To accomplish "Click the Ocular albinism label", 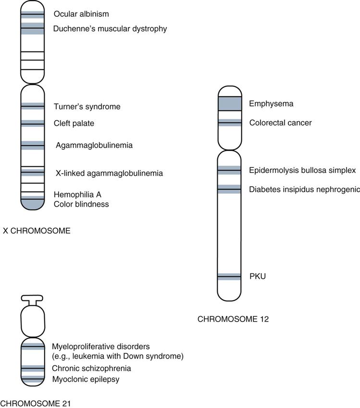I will coord(81,14).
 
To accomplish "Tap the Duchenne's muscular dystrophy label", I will coord(111,29).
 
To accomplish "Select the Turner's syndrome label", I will coord(87,106).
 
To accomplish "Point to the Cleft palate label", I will coord(74,124).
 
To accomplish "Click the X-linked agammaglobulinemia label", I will coord(108,173).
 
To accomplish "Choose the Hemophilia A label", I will coord(77,195).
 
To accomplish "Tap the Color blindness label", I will coord(81,204).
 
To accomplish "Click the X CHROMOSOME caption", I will coord(37,231).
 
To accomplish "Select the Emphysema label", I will coord(271,104).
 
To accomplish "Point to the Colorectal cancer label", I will coord(280,123).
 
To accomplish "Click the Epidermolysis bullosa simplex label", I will coord(302,170).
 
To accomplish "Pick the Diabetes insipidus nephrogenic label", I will coord(304,189).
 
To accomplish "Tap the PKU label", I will coord(257,276).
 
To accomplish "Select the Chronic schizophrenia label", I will coord(91,369).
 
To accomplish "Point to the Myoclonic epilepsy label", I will coord(86,380).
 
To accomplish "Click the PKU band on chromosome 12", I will coord(229,276).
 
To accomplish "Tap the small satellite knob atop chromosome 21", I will coord(32,298).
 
